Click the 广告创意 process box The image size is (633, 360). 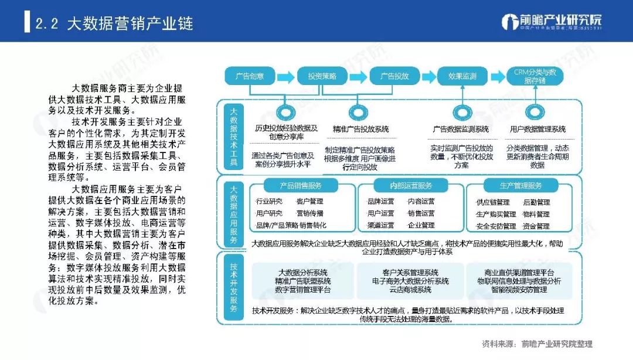coord(250,76)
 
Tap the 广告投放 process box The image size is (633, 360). coord(394,76)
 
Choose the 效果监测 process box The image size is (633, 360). coord(462,76)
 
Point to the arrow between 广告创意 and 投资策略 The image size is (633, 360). coord(285,76)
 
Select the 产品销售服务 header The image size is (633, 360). coord(301,186)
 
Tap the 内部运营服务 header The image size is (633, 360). coord(411,186)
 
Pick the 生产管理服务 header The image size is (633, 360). coord(520,186)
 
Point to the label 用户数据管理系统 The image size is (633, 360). coord(537,129)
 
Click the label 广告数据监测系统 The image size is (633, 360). coord(461,129)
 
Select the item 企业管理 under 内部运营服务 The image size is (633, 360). coord(421,225)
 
